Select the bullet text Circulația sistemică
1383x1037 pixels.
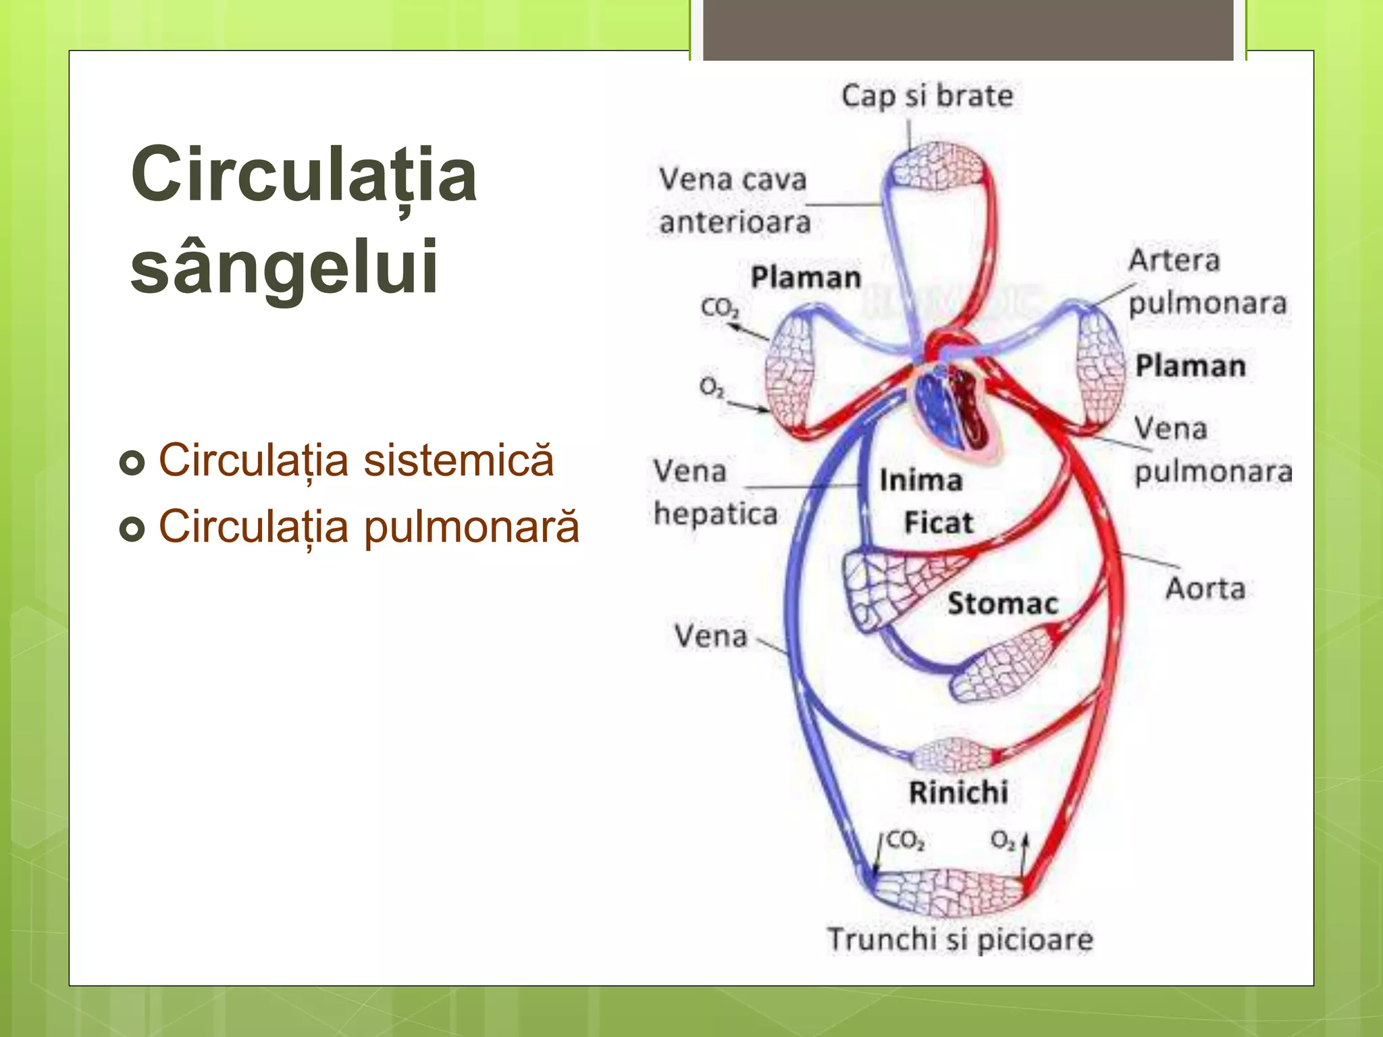(356, 460)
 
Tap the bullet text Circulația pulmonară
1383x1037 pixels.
(369, 527)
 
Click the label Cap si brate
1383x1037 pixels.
(927, 96)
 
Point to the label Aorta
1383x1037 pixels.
(1205, 589)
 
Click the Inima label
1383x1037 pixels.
(920, 481)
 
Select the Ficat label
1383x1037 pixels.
(939, 523)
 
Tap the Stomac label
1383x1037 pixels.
(1002, 604)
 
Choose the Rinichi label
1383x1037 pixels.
(958, 793)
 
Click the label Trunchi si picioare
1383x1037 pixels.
(960, 939)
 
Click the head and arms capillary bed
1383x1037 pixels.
(935, 166)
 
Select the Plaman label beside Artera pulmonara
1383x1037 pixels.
(1190, 366)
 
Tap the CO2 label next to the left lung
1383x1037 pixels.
(720, 308)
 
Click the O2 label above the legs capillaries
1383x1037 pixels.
(1002, 841)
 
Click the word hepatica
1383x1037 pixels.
(716, 514)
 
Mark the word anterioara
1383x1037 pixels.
(735, 222)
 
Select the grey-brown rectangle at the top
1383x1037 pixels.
(968, 30)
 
